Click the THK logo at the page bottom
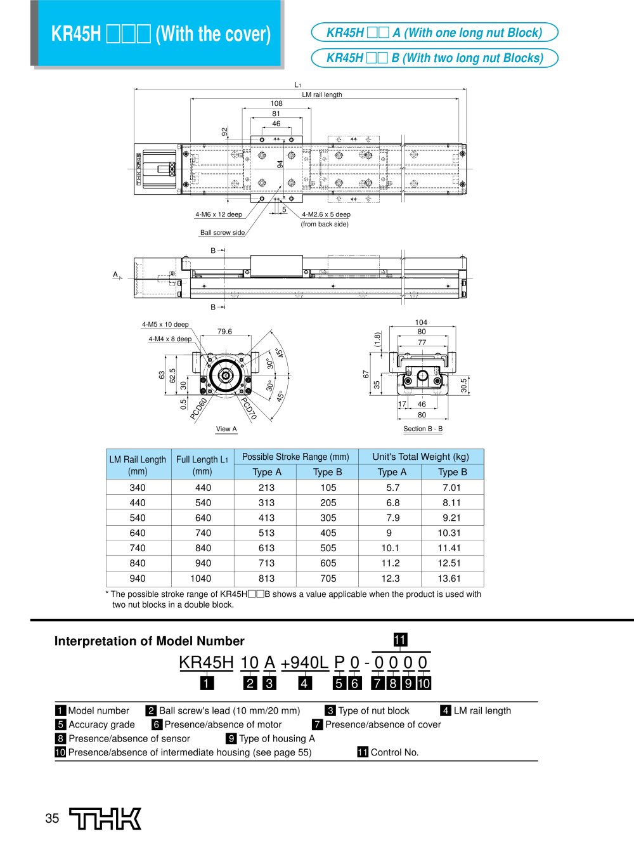click(x=105, y=818)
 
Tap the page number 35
click(x=52, y=818)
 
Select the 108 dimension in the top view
click(x=276, y=103)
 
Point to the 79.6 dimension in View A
click(x=224, y=332)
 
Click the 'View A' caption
click(x=226, y=429)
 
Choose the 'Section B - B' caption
click(x=423, y=429)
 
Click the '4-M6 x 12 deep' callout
click(x=219, y=214)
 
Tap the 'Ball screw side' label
click(x=223, y=232)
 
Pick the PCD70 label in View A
click(x=249, y=408)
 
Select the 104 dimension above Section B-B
click(x=421, y=322)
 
